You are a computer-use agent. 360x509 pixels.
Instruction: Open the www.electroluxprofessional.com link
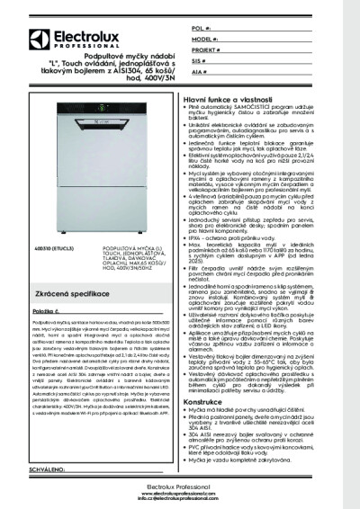pos(180,494)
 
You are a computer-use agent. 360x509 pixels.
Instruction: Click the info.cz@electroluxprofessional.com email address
pos(180,500)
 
